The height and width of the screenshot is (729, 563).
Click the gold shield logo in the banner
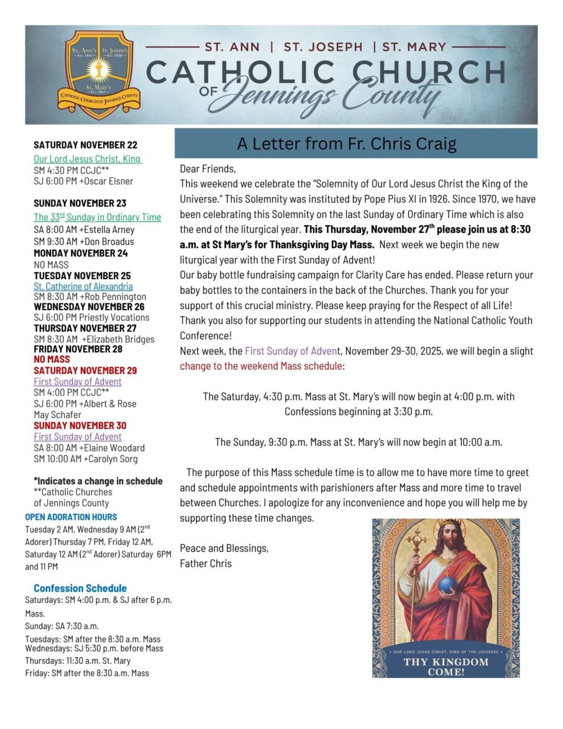(x=99, y=75)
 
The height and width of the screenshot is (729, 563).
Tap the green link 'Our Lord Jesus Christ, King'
(x=88, y=159)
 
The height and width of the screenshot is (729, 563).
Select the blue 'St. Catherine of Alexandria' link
(x=83, y=287)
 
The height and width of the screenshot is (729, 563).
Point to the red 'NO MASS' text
(x=52, y=359)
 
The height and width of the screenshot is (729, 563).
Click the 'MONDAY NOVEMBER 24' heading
(x=81, y=253)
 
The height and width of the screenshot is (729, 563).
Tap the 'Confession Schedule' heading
(x=80, y=588)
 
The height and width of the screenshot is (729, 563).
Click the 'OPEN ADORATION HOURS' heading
(x=71, y=517)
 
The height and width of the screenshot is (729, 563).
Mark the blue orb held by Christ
(x=448, y=584)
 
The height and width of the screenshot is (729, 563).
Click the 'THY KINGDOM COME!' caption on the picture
(x=446, y=666)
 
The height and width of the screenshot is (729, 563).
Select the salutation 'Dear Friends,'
(x=208, y=169)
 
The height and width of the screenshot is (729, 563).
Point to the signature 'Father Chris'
(x=206, y=564)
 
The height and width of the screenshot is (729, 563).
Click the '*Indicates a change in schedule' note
(x=98, y=481)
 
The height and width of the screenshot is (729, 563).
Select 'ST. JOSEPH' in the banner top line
(x=323, y=47)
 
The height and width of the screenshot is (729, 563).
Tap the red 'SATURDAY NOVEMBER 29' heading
(x=86, y=370)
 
